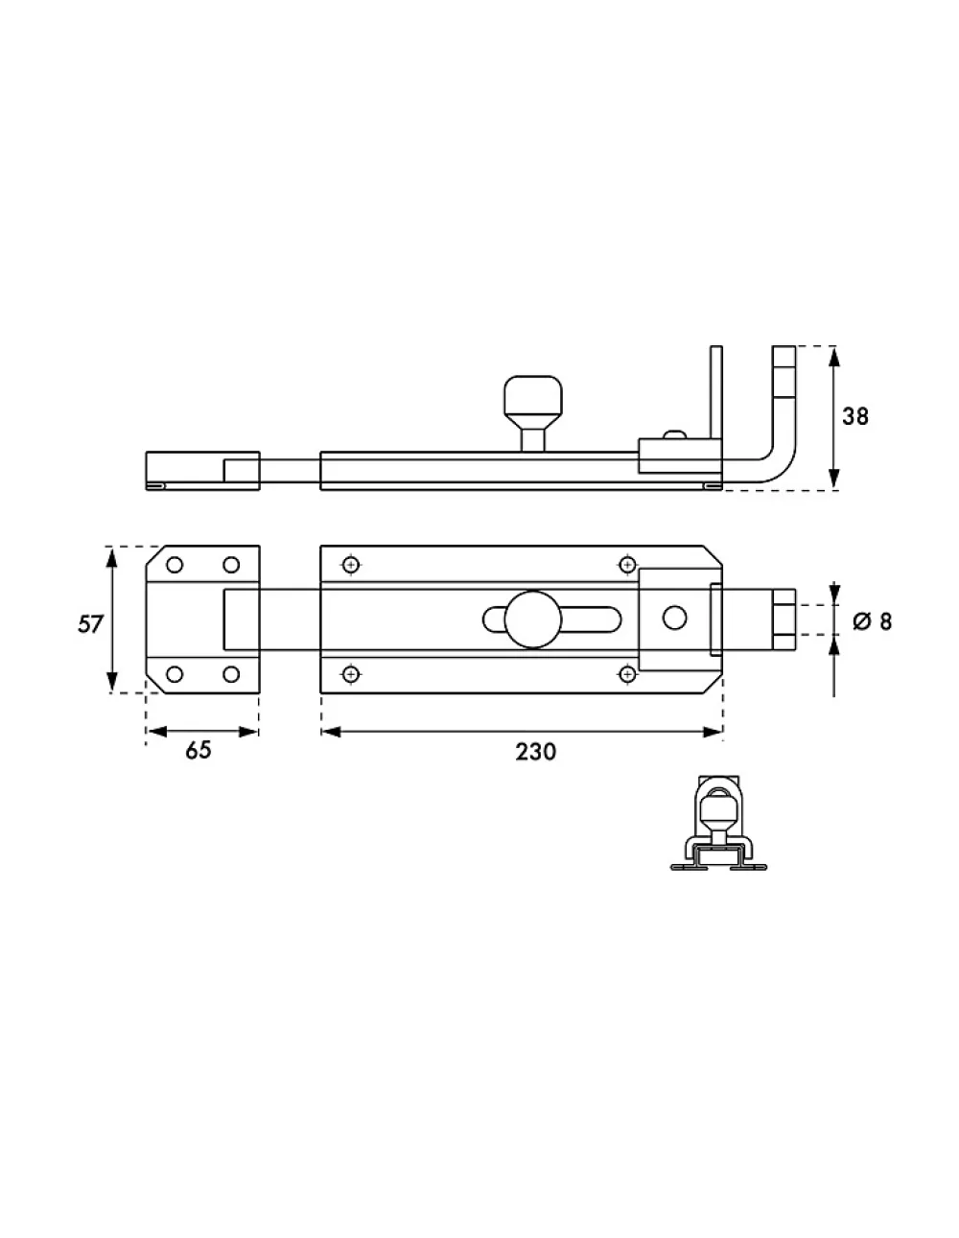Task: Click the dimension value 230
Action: (x=535, y=752)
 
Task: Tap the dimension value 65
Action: (x=199, y=750)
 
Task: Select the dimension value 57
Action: (x=90, y=624)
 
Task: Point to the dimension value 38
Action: (x=855, y=416)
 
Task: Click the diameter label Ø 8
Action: (x=872, y=621)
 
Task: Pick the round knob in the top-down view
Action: (x=533, y=619)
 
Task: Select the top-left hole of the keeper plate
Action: (x=175, y=565)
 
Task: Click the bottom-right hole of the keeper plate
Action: (x=230, y=674)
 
